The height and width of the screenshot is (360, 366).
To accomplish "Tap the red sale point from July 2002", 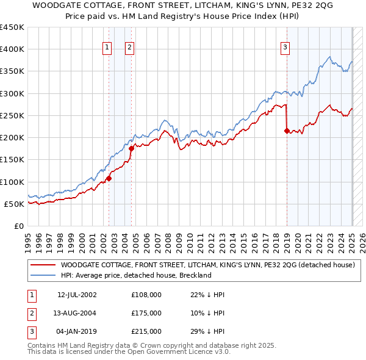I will [x=109, y=178].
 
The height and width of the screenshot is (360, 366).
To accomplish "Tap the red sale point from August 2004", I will [x=132, y=148].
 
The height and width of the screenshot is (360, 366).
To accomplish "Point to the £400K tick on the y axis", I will [x=12, y=49].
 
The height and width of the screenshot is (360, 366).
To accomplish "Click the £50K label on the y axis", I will [x=15, y=204].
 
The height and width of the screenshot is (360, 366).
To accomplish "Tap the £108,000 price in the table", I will [x=146, y=295].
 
